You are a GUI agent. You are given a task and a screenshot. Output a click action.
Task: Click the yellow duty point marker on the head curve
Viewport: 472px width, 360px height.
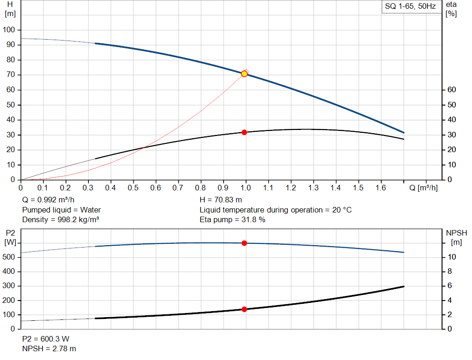point(244,74)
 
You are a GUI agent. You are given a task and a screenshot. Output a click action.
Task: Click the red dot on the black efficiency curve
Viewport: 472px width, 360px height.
point(244,132)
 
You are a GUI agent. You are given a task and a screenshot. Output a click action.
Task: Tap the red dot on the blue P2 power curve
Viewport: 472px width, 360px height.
point(244,243)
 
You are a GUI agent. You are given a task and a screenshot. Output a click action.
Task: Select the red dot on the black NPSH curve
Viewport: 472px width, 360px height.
point(244,309)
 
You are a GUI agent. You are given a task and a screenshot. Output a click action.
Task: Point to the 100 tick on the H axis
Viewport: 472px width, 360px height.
point(9,30)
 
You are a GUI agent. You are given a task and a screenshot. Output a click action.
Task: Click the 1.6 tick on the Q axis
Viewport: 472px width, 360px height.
point(381,188)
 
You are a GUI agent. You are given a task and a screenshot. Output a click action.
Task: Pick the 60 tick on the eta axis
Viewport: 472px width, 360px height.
point(451,90)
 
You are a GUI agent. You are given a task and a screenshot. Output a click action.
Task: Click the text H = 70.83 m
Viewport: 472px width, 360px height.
point(220,200)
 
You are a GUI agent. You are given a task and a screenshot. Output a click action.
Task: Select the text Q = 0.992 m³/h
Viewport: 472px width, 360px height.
point(47,200)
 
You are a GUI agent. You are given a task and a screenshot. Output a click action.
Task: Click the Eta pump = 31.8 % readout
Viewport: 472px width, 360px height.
point(232,220)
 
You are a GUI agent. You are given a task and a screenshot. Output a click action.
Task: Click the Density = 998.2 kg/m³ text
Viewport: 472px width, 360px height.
point(60,220)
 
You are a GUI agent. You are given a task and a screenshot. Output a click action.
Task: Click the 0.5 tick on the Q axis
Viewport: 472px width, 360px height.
point(133,188)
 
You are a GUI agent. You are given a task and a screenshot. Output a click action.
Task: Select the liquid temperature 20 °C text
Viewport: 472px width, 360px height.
point(276,210)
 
